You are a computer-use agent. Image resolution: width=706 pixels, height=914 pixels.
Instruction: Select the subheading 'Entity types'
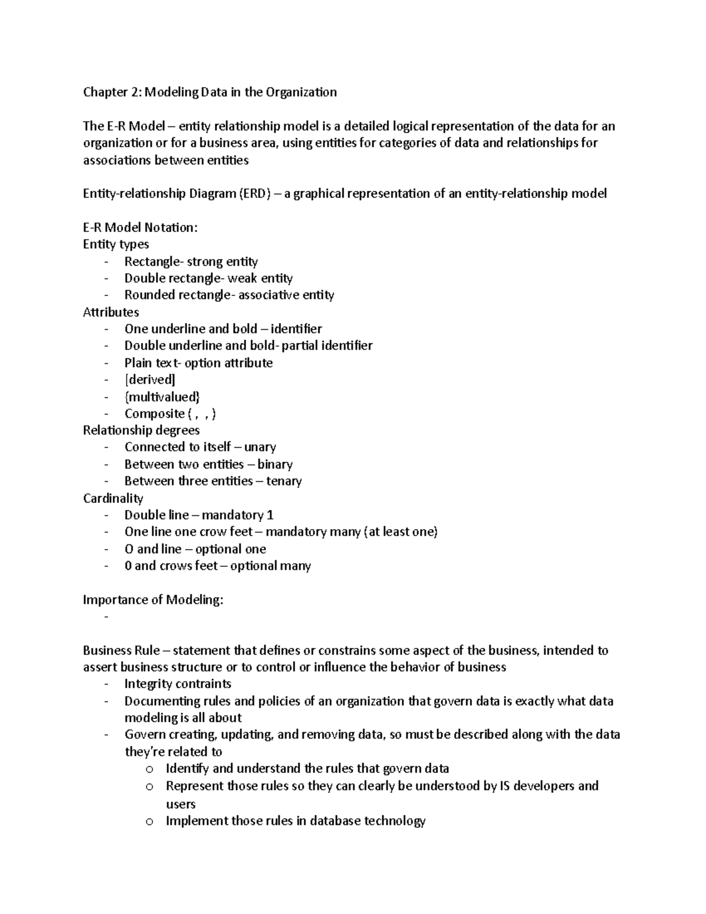click(116, 244)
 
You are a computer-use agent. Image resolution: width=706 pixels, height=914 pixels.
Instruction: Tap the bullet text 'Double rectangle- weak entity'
click(208, 278)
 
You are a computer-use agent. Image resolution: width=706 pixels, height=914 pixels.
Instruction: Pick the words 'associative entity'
click(286, 295)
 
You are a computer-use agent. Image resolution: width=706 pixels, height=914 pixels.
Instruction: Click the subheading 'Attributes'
click(111, 312)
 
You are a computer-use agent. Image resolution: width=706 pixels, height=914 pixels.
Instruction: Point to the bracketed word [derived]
click(149, 380)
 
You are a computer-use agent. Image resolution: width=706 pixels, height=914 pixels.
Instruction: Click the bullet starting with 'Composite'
click(170, 414)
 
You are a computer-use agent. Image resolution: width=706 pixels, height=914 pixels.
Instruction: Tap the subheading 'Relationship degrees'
click(141, 430)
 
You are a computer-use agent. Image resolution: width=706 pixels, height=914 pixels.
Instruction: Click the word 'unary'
click(260, 447)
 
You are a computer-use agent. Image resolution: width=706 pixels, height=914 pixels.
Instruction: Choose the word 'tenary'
click(284, 481)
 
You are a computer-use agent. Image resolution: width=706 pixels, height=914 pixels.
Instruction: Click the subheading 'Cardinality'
click(113, 498)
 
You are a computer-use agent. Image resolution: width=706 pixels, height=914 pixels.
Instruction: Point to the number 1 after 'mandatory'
click(270, 516)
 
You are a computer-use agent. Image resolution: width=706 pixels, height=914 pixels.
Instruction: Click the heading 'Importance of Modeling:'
click(153, 600)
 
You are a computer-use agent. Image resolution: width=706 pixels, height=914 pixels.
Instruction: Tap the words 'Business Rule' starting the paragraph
click(121, 650)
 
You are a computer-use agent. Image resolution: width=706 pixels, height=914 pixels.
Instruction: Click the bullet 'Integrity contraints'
click(178, 684)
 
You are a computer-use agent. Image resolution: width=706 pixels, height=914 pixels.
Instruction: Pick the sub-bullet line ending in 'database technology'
click(295, 821)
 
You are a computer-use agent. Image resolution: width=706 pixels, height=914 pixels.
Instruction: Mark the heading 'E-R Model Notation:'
click(140, 228)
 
